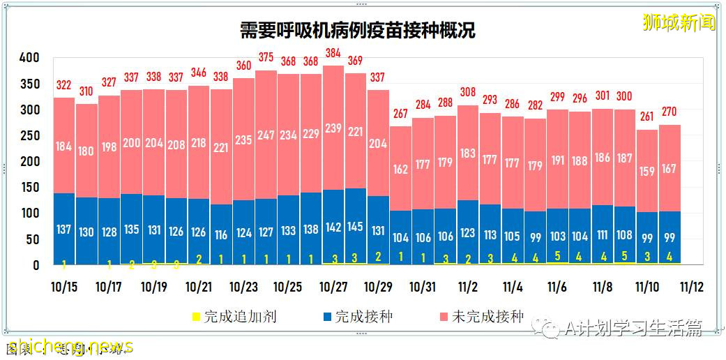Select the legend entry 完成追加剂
tap(233, 317)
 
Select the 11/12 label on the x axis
tap(691, 287)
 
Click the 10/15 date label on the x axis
tap(63, 287)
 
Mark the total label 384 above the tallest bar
tap(333, 52)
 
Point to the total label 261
tap(646, 117)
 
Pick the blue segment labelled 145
tap(355, 226)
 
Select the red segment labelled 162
tap(400, 169)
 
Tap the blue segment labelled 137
tap(64, 230)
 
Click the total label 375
tap(266, 57)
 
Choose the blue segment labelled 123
tap(467, 232)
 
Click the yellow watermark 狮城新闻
tap(679, 22)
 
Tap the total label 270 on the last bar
tap(669, 112)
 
